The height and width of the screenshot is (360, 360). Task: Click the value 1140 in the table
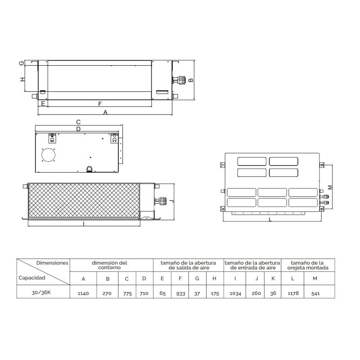tap(83, 293)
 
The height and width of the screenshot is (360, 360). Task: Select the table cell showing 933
tap(180, 294)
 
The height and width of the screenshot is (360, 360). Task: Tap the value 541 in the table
tap(315, 294)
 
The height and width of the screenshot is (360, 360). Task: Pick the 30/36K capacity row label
tap(41, 292)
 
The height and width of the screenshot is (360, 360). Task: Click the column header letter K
tap(273, 279)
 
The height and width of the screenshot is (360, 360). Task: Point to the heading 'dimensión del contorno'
tap(109, 265)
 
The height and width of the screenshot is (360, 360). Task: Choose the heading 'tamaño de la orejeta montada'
tap(308, 265)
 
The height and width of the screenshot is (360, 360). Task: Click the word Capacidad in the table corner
tap(31, 278)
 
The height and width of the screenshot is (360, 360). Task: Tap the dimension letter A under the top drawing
tap(105, 112)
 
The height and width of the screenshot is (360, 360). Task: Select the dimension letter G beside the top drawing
tap(22, 63)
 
